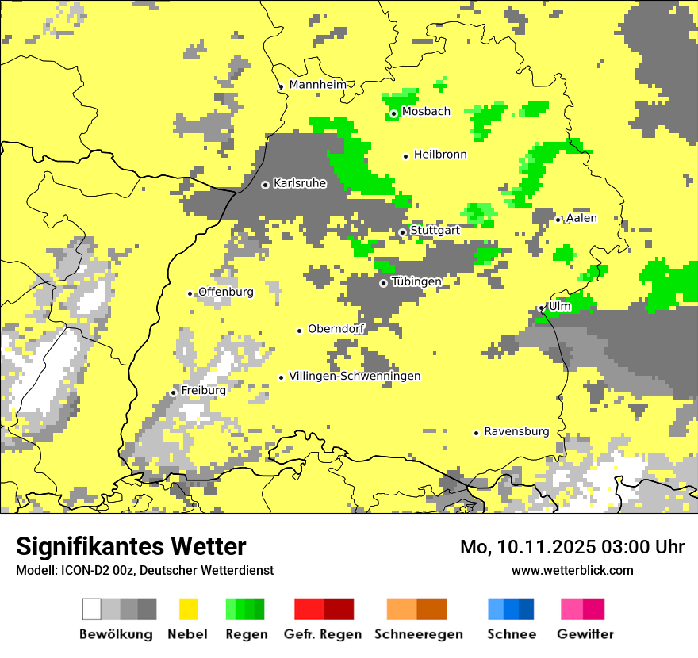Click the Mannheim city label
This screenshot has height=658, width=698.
(x=317, y=85)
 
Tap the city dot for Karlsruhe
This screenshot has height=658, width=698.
(x=266, y=185)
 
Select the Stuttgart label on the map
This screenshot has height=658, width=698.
(x=435, y=231)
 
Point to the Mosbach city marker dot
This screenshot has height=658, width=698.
(x=393, y=113)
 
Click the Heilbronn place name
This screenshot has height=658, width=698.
(x=440, y=155)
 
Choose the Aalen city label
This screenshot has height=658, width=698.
(x=581, y=218)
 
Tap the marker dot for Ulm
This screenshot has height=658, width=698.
(x=541, y=308)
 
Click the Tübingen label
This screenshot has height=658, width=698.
(x=416, y=281)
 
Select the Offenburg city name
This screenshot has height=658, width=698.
(x=226, y=292)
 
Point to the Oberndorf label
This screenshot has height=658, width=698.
(x=336, y=329)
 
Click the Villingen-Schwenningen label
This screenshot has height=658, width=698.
(x=355, y=376)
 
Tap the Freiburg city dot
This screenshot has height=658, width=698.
(x=174, y=392)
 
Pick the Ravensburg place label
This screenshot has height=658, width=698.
(x=516, y=431)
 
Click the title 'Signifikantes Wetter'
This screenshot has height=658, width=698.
(x=131, y=546)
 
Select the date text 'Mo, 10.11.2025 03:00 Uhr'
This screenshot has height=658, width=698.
(x=572, y=547)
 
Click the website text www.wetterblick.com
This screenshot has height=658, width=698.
(x=572, y=570)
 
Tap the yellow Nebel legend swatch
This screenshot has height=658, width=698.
(x=189, y=609)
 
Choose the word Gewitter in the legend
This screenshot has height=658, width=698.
(x=585, y=634)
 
